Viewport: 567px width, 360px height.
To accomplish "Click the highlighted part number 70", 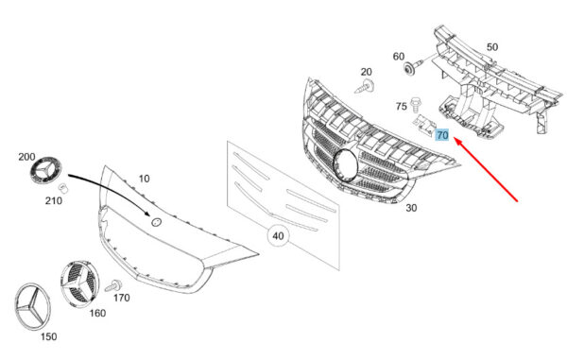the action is [442, 135].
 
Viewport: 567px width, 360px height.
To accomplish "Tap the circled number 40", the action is [278, 236].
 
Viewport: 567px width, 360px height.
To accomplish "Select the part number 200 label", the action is [26, 157].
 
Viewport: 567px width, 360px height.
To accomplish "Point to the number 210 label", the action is [54, 200].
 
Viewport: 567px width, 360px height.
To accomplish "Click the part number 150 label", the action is [48, 337].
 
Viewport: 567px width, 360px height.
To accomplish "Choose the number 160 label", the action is [97, 313].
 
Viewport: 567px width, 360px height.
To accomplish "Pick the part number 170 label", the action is [122, 298].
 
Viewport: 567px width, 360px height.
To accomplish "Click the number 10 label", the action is [144, 179].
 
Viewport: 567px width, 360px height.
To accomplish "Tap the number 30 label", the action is [411, 208].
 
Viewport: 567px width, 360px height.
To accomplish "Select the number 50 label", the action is [492, 47].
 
